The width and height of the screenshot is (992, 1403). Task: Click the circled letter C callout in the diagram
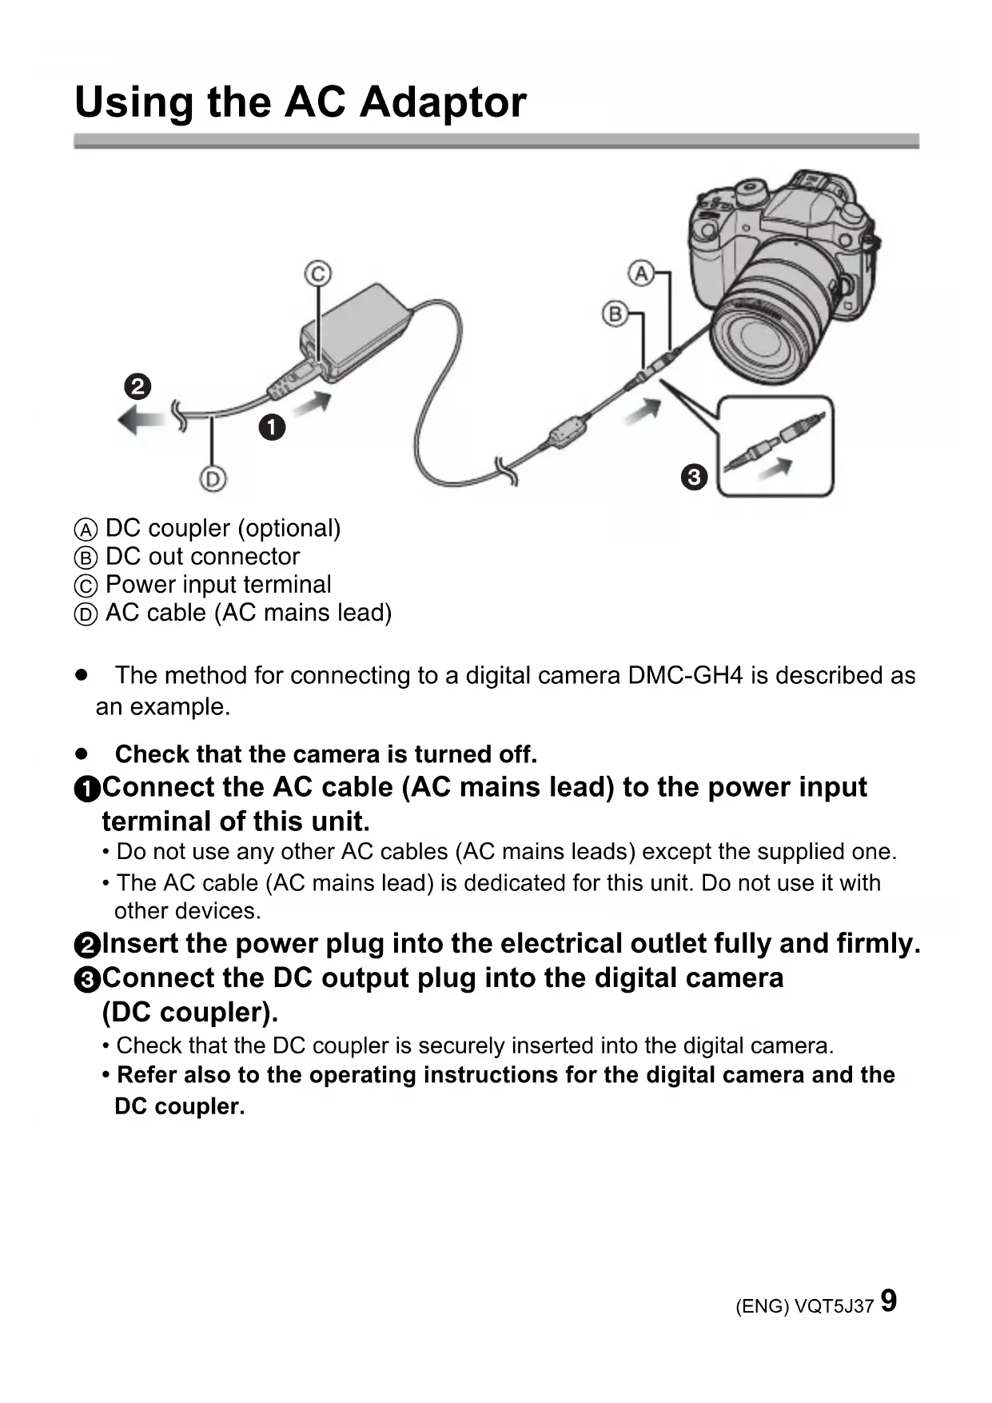[317, 274]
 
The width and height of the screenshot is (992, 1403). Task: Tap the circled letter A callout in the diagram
[641, 274]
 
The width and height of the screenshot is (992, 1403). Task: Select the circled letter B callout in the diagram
[615, 314]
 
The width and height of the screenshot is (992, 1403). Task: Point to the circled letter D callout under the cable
[212, 479]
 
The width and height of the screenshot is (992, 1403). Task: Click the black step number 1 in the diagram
[272, 427]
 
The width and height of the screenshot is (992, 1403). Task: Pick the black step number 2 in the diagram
[137, 386]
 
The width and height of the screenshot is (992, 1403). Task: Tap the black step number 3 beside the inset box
[694, 478]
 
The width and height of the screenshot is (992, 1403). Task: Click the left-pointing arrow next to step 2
[141, 418]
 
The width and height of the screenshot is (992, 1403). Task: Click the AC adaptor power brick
[356, 328]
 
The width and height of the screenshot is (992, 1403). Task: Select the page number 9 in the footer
[888, 1301]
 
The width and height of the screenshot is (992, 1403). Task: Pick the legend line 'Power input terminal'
[217, 585]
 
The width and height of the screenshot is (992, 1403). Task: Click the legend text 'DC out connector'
[202, 557]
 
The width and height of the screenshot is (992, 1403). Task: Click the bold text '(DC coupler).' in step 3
[190, 1013]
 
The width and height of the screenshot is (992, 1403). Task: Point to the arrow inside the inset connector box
[775, 467]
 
